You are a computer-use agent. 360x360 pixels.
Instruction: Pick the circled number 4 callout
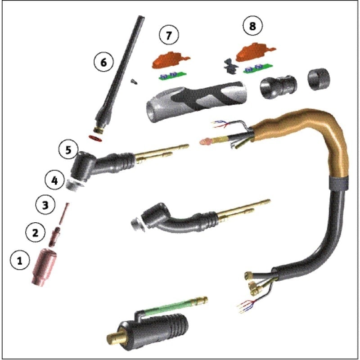click(x=54, y=181)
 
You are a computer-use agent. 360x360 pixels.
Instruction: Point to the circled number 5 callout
click(x=68, y=150)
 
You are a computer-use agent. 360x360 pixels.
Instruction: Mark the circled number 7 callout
click(x=169, y=36)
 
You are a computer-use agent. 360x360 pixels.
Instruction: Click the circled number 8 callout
click(x=252, y=27)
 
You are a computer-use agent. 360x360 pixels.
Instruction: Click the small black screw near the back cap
click(x=134, y=81)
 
